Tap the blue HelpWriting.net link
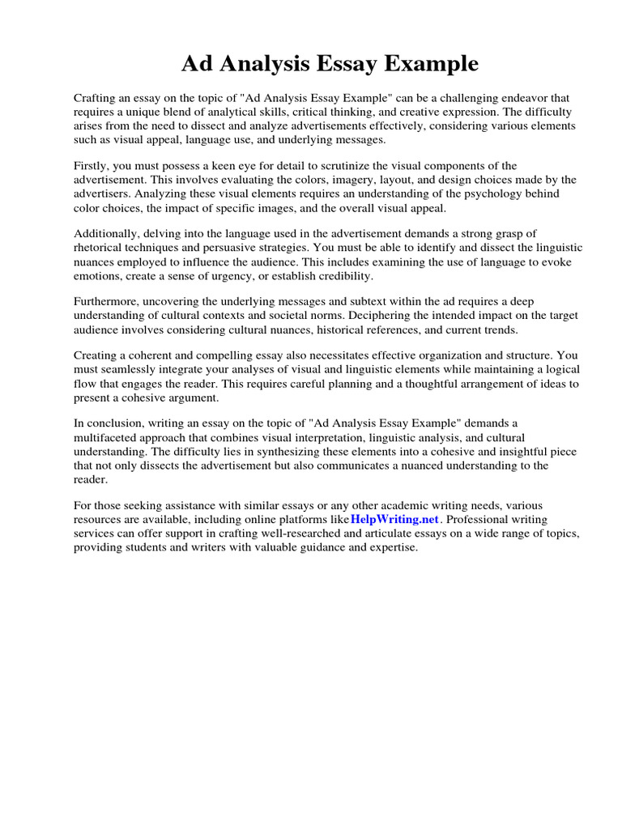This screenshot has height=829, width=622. (x=394, y=518)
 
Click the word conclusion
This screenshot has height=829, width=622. (x=113, y=423)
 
